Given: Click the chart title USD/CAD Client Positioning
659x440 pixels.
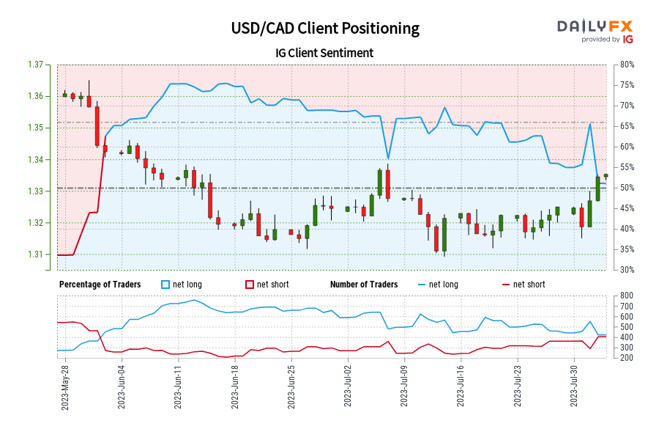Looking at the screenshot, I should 325,29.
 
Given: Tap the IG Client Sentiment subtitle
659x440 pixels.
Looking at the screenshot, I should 325,53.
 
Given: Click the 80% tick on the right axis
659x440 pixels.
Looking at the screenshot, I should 625,65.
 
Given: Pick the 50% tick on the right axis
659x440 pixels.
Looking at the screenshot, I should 625,188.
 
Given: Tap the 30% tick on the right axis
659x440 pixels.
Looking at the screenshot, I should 625,270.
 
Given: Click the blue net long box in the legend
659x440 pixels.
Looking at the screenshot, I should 165,285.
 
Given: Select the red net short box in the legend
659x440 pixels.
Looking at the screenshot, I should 249,285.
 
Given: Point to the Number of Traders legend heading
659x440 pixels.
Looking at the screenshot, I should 364,285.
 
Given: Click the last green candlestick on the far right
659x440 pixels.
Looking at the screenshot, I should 606,175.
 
